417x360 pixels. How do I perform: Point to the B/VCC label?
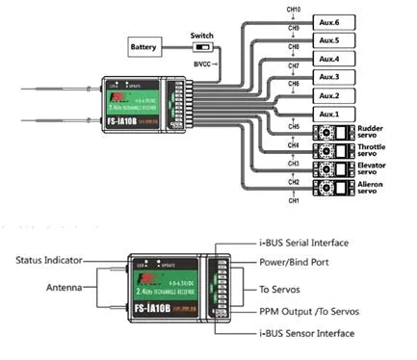tap(203, 63)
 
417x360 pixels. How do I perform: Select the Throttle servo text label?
tap(373, 151)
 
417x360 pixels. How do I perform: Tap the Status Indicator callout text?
tap(51, 260)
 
